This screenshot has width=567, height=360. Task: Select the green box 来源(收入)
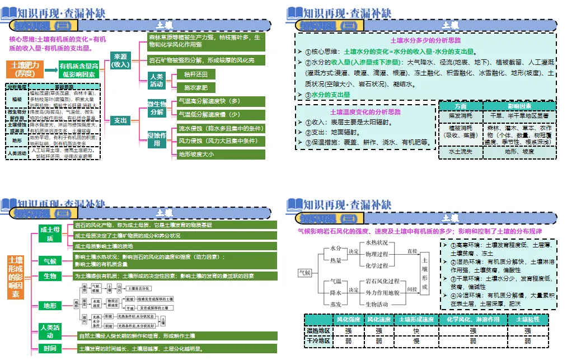(x=120, y=60)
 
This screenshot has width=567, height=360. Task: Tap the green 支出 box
(x=120, y=120)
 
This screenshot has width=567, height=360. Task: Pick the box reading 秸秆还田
(x=195, y=74)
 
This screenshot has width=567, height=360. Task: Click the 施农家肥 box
(x=195, y=88)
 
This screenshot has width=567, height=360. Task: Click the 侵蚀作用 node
(x=156, y=139)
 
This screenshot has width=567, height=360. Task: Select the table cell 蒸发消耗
(x=460, y=115)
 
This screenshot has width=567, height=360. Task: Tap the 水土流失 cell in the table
(x=460, y=151)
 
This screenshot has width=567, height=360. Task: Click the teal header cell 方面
(x=460, y=106)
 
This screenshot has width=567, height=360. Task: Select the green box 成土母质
(x=50, y=234)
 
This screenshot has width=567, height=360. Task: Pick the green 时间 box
(x=50, y=349)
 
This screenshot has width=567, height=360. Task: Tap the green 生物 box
(x=50, y=276)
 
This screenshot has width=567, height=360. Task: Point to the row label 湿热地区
(x=318, y=330)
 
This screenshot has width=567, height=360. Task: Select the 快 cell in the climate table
(x=416, y=330)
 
